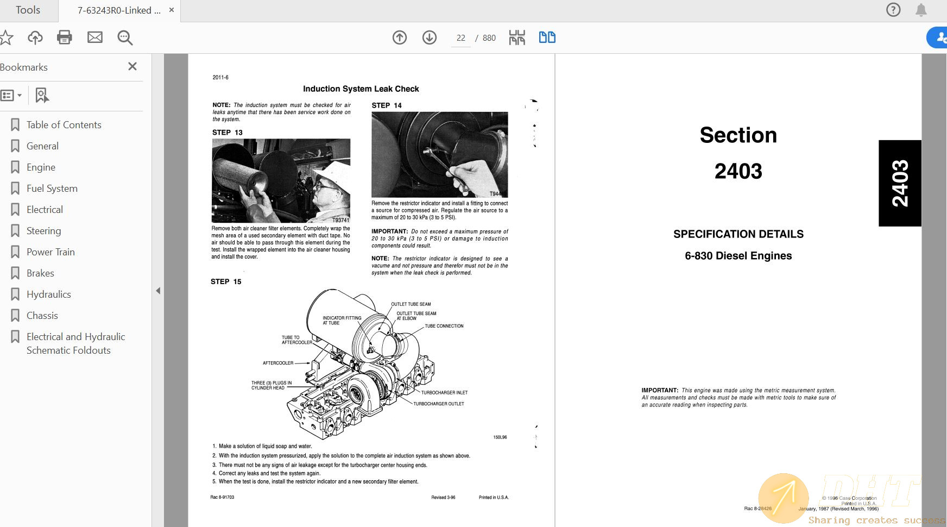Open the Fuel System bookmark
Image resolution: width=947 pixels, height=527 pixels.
coord(52,189)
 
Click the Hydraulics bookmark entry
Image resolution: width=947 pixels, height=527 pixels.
coord(49,294)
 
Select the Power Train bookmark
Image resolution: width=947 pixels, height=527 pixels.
coord(50,252)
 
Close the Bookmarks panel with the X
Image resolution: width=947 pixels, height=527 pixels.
coord(132,66)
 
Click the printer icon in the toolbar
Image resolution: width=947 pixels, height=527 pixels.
coord(65,37)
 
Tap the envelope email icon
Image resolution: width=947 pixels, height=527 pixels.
coord(95,37)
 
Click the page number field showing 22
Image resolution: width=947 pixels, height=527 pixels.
coord(460,38)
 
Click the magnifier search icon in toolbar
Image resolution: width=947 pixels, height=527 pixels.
coord(125,37)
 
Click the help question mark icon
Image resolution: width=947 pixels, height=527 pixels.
coord(893,10)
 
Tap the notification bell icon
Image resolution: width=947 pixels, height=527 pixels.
coord(921,10)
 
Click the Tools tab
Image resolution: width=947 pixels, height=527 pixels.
coord(28,10)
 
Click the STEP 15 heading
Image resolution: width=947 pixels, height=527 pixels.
coord(226,281)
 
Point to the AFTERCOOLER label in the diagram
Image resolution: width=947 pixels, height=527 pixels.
coord(278,363)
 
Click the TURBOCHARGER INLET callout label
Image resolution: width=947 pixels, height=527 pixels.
coord(444,392)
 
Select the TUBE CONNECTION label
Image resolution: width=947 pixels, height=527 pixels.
coord(444,326)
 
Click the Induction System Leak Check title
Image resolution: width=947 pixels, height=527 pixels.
coord(361,89)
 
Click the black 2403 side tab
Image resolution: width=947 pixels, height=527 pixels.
coord(900,183)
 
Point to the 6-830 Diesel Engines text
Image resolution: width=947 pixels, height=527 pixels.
coord(738,256)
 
